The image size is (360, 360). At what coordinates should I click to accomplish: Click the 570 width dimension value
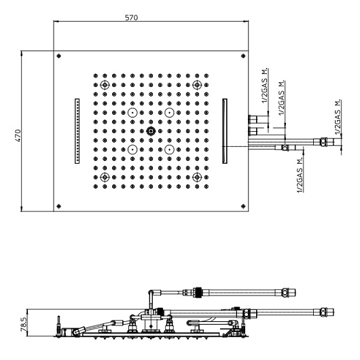point(131,18)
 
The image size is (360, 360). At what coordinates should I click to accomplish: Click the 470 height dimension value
point(18,135)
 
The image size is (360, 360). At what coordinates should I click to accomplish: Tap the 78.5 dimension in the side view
point(24,323)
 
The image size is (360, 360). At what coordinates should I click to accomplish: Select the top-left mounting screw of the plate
point(59,56)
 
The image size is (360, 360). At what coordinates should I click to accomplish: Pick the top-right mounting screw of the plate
point(243,56)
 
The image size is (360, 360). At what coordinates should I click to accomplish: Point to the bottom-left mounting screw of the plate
point(59,206)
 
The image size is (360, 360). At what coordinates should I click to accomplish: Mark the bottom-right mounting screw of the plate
point(243,206)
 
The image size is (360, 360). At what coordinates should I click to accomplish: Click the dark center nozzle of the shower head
point(151,131)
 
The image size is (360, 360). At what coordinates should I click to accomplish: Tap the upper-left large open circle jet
point(132,113)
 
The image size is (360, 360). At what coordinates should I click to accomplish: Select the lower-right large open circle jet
point(169,149)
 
